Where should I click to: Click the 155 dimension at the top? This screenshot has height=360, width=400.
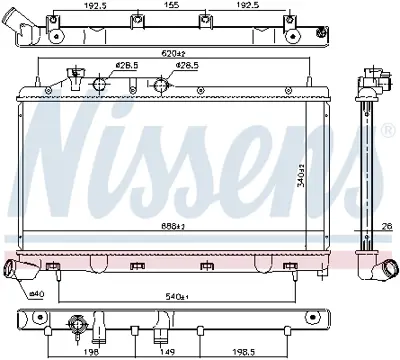click(172, 6)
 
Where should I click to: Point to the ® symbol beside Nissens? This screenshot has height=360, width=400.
click(389, 130)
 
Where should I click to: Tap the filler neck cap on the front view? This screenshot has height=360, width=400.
click(73, 75)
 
